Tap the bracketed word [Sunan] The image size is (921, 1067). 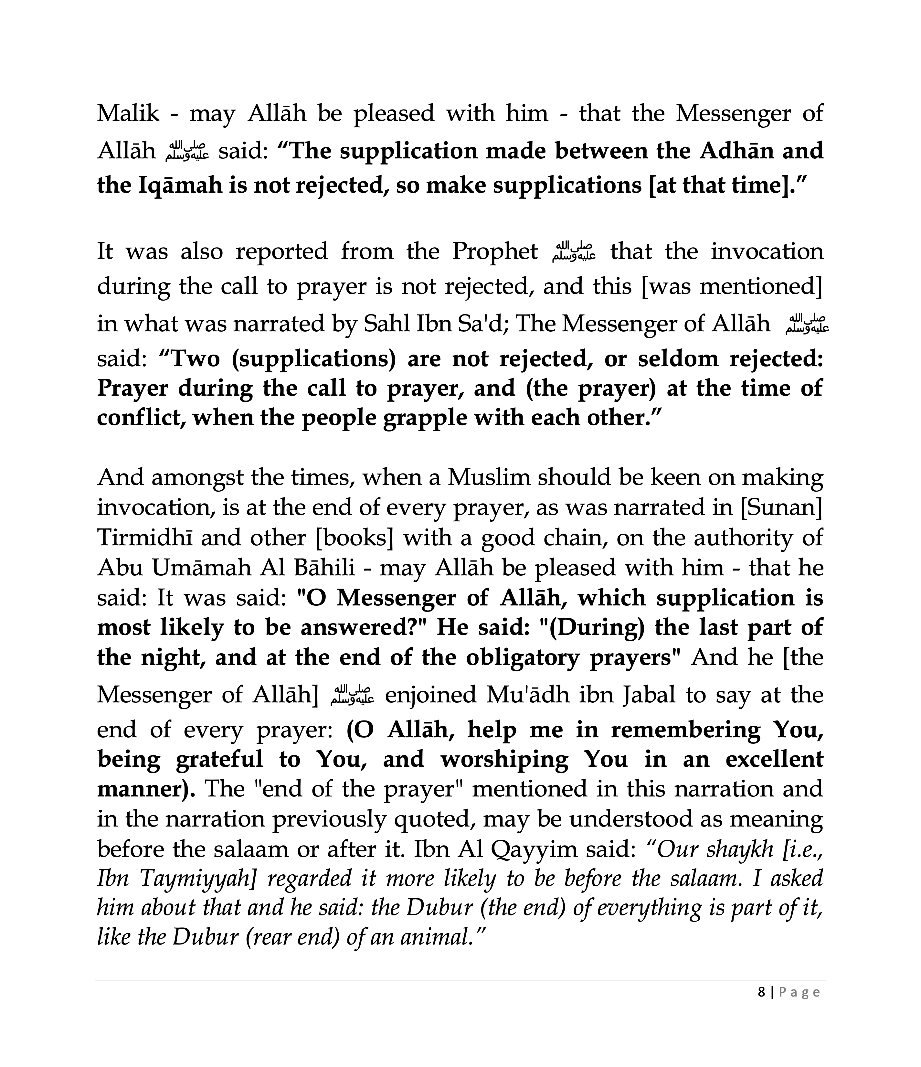pos(781,508)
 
